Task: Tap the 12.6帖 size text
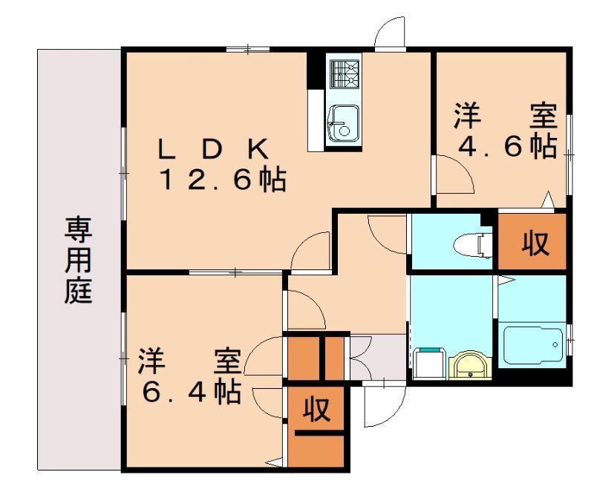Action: (x=223, y=179)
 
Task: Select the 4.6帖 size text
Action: (x=508, y=146)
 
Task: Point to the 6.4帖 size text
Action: (x=192, y=392)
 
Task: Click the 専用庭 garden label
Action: (x=78, y=260)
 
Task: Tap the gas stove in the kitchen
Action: (x=344, y=74)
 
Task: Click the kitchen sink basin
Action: (x=343, y=123)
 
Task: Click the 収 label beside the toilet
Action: (x=535, y=243)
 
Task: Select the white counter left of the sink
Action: (x=316, y=120)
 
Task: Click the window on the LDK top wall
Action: (x=248, y=49)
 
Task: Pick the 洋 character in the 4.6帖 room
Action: (x=469, y=116)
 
